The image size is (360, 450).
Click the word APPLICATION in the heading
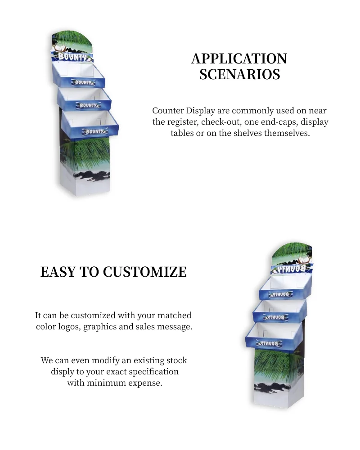click(x=239, y=58)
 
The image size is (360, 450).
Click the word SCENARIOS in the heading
click(x=239, y=74)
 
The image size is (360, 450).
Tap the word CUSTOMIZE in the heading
click(x=144, y=272)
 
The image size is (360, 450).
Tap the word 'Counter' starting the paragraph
click(x=168, y=111)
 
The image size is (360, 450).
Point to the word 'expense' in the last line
click(x=144, y=383)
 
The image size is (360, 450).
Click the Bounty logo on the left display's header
click(x=72, y=57)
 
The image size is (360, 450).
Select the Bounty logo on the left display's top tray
click(x=84, y=82)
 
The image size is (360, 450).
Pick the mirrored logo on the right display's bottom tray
click(x=269, y=343)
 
